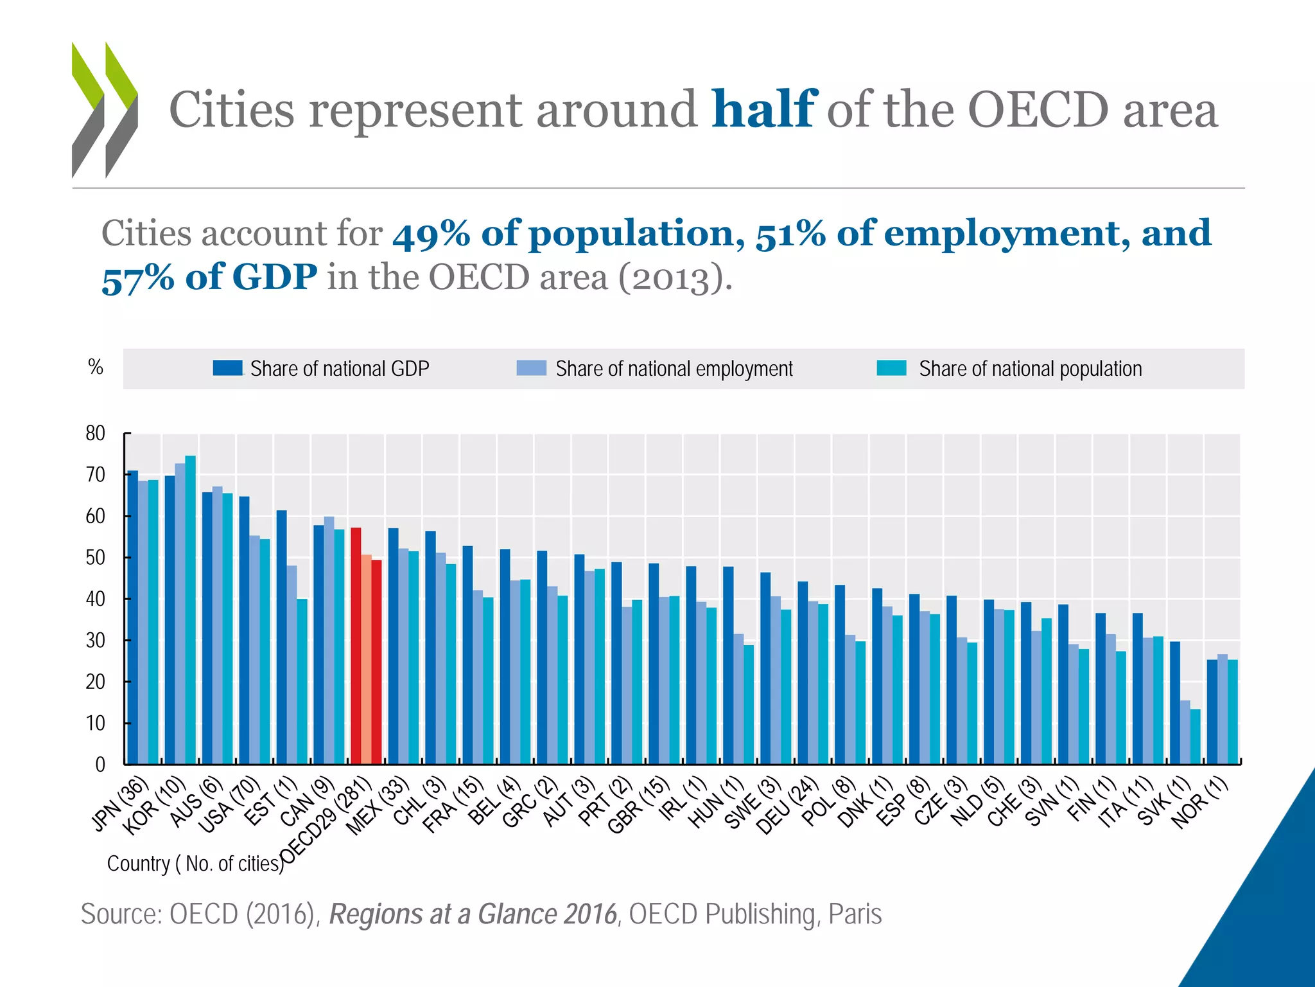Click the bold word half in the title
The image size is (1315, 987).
(x=763, y=109)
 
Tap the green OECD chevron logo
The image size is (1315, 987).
(x=105, y=109)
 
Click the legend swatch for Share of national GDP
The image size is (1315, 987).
(x=228, y=368)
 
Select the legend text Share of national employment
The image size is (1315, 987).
(x=674, y=369)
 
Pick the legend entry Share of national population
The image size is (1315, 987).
(x=1030, y=369)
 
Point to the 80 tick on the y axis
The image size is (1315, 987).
(x=96, y=434)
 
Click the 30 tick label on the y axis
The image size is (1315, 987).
(x=96, y=641)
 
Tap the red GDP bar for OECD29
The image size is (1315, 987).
(x=356, y=646)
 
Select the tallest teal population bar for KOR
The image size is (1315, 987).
(x=190, y=610)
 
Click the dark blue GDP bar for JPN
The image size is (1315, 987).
(x=133, y=617)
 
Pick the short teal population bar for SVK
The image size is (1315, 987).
(x=1195, y=736)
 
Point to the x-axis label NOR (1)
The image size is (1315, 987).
(x=1199, y=803)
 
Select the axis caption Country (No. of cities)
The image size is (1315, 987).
(x=195, y=864)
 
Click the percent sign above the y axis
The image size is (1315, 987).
(x=96, y=367)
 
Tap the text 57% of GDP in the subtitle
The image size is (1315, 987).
(x=209, y=278)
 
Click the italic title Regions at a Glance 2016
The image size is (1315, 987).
(x=473, y=914)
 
